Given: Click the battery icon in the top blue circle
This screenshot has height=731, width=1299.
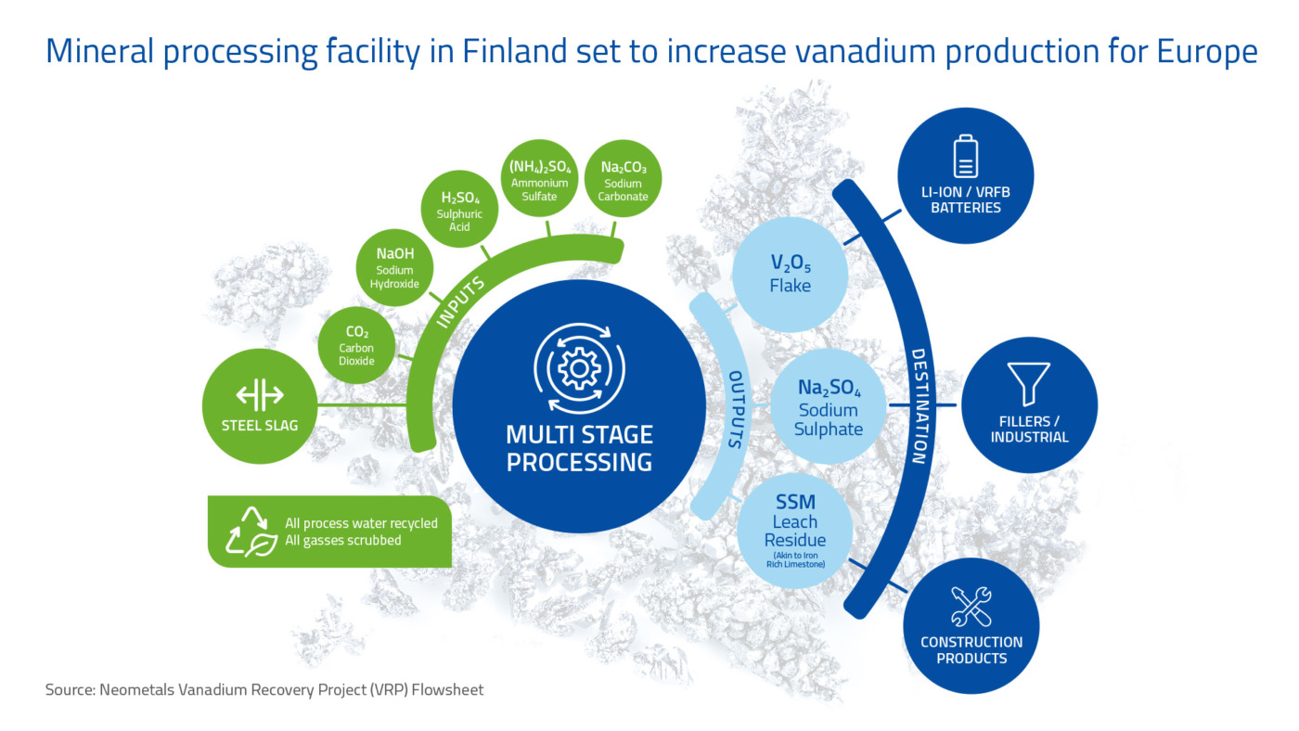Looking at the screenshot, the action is [x=966, y=156].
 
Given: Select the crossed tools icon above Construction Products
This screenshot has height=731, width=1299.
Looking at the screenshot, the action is [x=971, y=607].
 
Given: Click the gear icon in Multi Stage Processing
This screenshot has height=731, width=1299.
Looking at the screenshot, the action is [x=579, y=368].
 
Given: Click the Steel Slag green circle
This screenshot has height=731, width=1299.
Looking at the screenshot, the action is [x=260, y=405].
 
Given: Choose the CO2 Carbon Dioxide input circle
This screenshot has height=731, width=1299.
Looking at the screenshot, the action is [x=356, y=345].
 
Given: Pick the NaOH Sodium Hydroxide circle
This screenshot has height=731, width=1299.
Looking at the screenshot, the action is [x=394, y=267].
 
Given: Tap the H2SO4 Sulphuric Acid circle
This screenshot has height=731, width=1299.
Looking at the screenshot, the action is [x=459, y=209].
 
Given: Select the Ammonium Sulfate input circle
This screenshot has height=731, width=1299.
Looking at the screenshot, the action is [x=539, y=178].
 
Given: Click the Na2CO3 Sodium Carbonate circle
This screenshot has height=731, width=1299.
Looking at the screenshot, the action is [x=623, y=178].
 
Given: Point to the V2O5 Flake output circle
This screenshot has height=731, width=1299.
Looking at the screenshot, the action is [x=790, y=275].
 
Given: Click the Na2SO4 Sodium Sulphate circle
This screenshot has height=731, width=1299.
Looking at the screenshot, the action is [x=828, y=405].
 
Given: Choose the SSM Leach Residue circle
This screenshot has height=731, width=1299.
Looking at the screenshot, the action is [x=794, y=531].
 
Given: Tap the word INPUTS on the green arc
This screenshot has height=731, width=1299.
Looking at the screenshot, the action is [x=460, y=302].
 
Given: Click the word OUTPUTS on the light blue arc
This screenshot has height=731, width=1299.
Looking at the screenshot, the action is [x=735, y=409].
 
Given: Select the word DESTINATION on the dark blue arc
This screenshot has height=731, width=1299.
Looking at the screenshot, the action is [x=919, y=405].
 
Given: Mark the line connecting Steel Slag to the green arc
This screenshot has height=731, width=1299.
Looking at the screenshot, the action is [x=362, y=404].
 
